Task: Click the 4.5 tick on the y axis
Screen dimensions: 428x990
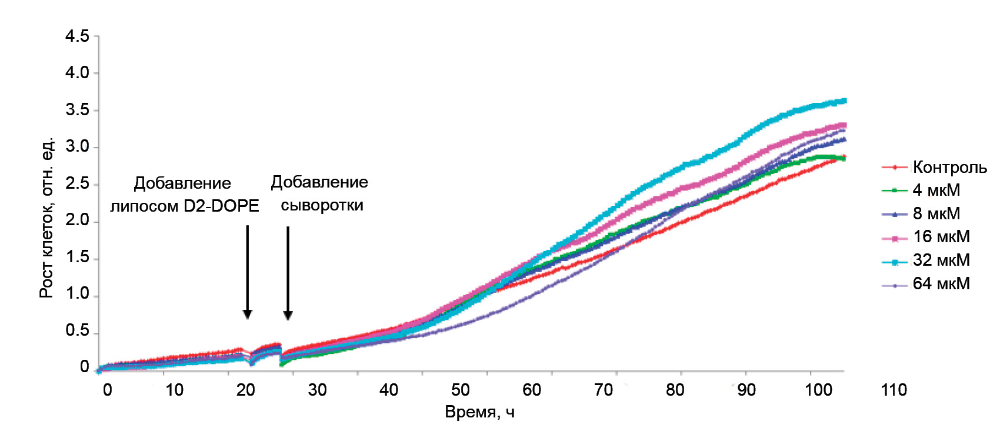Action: click(77, 36)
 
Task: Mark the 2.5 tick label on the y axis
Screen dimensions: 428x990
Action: click(77, 184)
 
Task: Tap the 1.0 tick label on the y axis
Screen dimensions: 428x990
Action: click(77, 294)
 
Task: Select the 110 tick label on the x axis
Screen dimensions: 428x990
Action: click(894, 390)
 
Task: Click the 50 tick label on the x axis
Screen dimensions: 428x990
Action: click(460, 390)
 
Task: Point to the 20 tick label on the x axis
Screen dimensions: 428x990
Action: click(245, 390)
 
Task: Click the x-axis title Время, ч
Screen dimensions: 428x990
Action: click(479, 412)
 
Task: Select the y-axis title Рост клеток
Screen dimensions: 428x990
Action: click(46, 218)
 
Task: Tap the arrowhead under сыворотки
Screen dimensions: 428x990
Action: click(288, 315)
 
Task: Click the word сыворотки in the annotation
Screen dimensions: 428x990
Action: click(322, 205)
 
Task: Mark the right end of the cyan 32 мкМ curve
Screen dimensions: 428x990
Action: click(845, 101)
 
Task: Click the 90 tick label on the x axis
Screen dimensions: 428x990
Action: click(746, 390)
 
